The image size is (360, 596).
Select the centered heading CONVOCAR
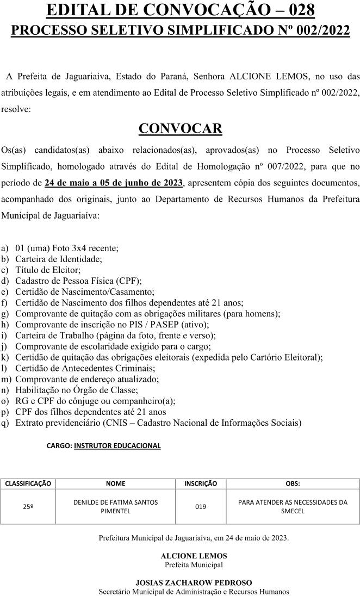(180, 128)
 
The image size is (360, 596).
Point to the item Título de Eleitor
(48, 270)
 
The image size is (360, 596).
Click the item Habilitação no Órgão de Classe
(76, 390)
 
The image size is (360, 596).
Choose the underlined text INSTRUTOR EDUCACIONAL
(117, 445)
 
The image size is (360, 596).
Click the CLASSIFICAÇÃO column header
(28, 483)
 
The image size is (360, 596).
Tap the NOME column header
(115, 483)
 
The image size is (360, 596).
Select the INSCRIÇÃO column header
(201, 483)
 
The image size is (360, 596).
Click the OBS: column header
(293, 483)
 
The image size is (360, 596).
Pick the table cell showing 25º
(28, 507)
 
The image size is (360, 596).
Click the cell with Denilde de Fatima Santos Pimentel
(115, 507)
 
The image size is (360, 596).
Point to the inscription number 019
(201, 507)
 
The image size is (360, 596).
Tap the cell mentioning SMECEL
(293, 507)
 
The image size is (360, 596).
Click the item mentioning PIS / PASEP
(111, 324)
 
